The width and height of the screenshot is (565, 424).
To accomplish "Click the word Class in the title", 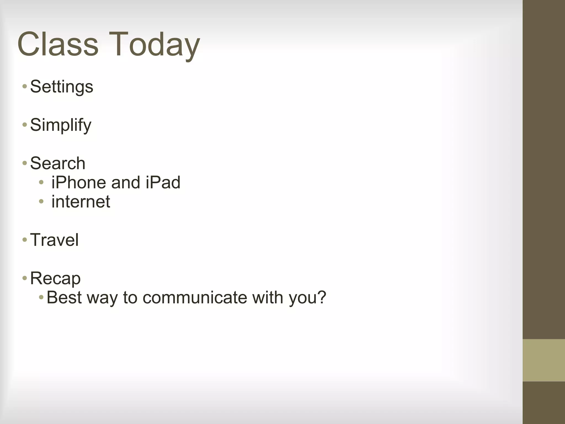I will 58,44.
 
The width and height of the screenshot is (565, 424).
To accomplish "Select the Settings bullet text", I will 62,87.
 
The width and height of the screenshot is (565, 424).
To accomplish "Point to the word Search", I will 58,163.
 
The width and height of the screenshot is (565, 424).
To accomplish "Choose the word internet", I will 81,202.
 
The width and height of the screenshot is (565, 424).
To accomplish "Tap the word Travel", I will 54,240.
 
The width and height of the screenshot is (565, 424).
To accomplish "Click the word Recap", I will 55,278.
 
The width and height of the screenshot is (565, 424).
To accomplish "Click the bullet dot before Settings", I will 25,86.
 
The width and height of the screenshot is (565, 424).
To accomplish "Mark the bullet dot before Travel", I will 25,240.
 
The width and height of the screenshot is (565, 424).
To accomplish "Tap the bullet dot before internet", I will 41,202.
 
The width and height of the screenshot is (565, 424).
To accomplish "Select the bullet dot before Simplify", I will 25,125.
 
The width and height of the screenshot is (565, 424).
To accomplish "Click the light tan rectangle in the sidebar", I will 543,360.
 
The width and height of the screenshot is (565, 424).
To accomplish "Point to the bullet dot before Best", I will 41,297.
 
